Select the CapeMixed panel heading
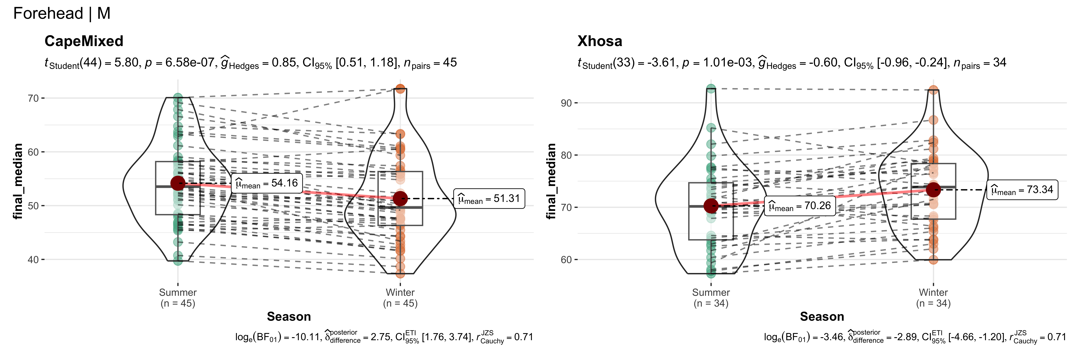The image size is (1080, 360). coord(84,41)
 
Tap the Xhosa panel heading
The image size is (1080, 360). coord(600,41)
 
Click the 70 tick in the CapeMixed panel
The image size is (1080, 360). coord(33,99)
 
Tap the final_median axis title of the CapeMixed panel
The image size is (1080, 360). coord(18,181)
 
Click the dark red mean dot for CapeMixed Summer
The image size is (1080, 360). coord(178,183)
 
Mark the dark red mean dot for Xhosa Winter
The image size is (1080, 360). coord(933,190)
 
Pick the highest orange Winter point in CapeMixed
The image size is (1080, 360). coord(400,89)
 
